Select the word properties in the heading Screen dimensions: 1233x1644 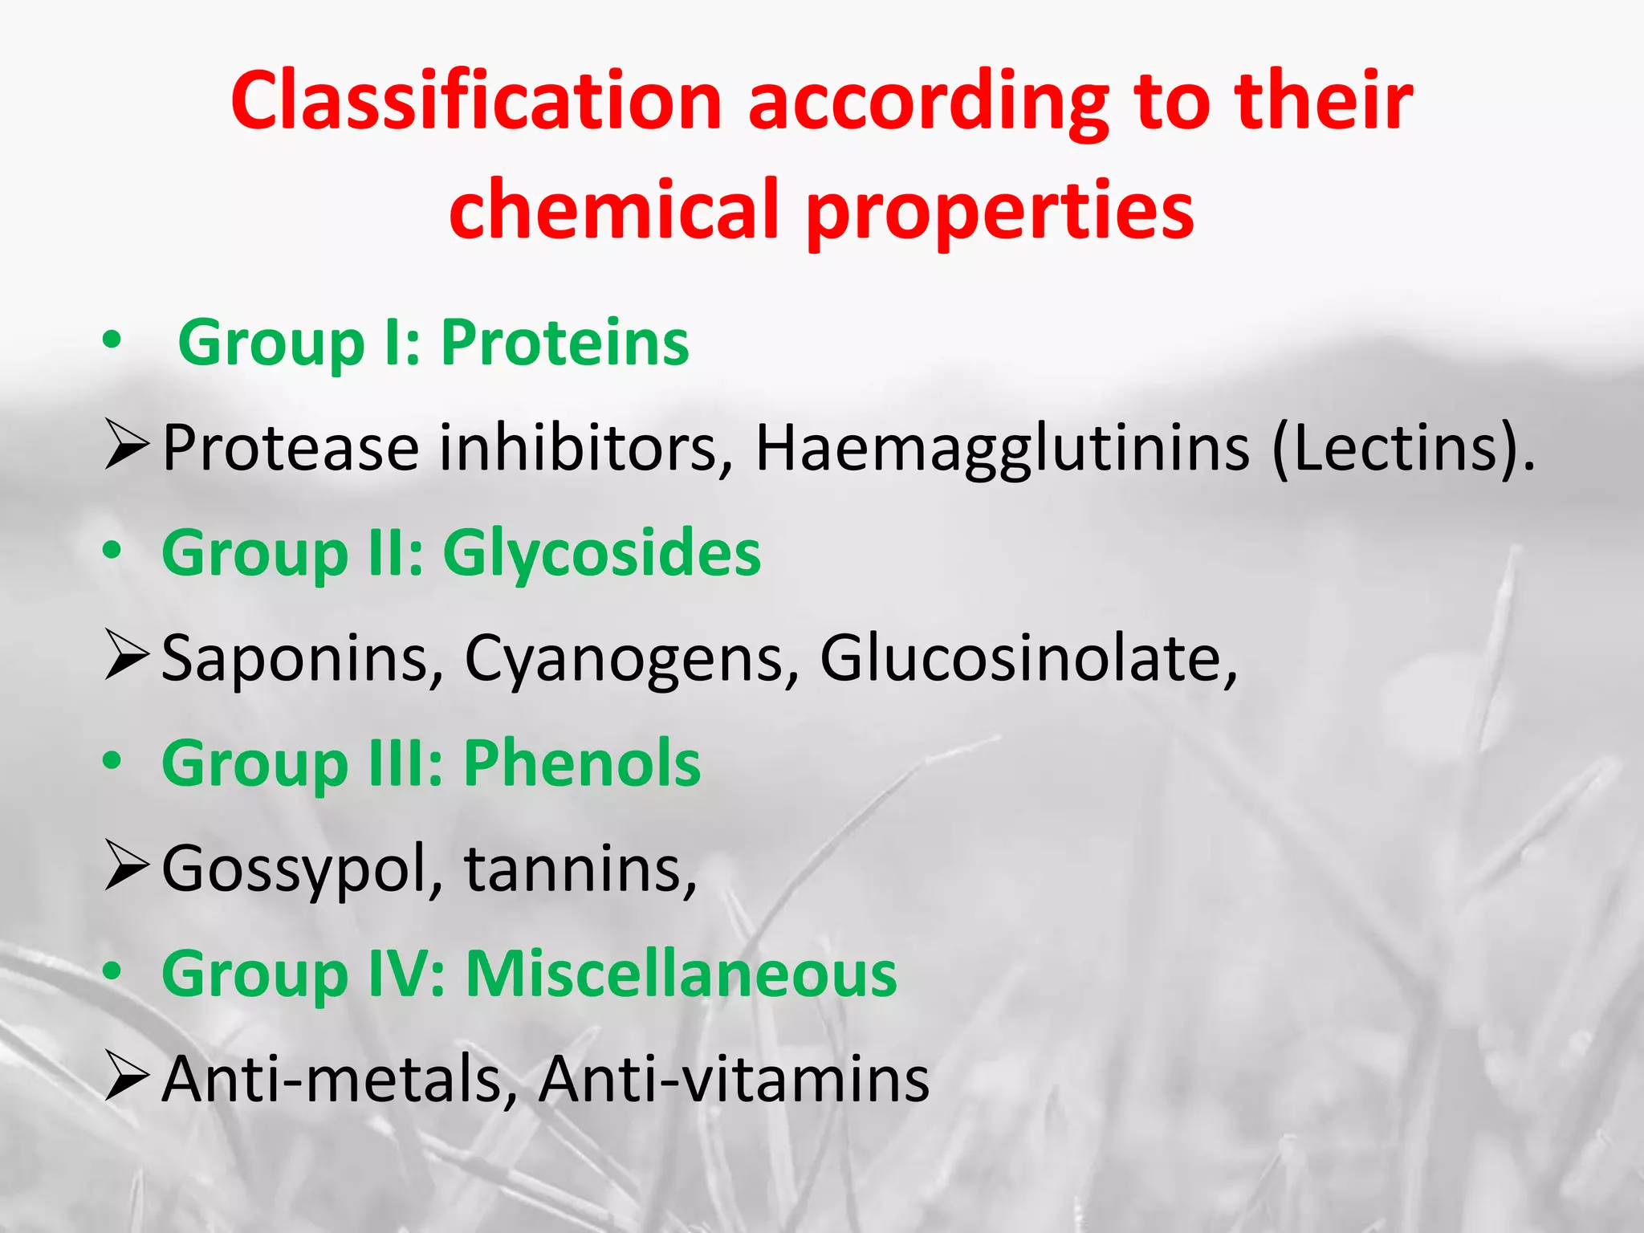point(1000,210)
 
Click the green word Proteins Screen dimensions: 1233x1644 point(565,343)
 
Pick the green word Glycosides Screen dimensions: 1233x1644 point(601,554)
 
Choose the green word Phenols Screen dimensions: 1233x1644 point(582,763)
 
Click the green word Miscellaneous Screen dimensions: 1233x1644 point(682,974)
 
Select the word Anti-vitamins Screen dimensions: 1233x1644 point(734,1079)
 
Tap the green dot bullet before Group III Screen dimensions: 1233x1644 point(112,761)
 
